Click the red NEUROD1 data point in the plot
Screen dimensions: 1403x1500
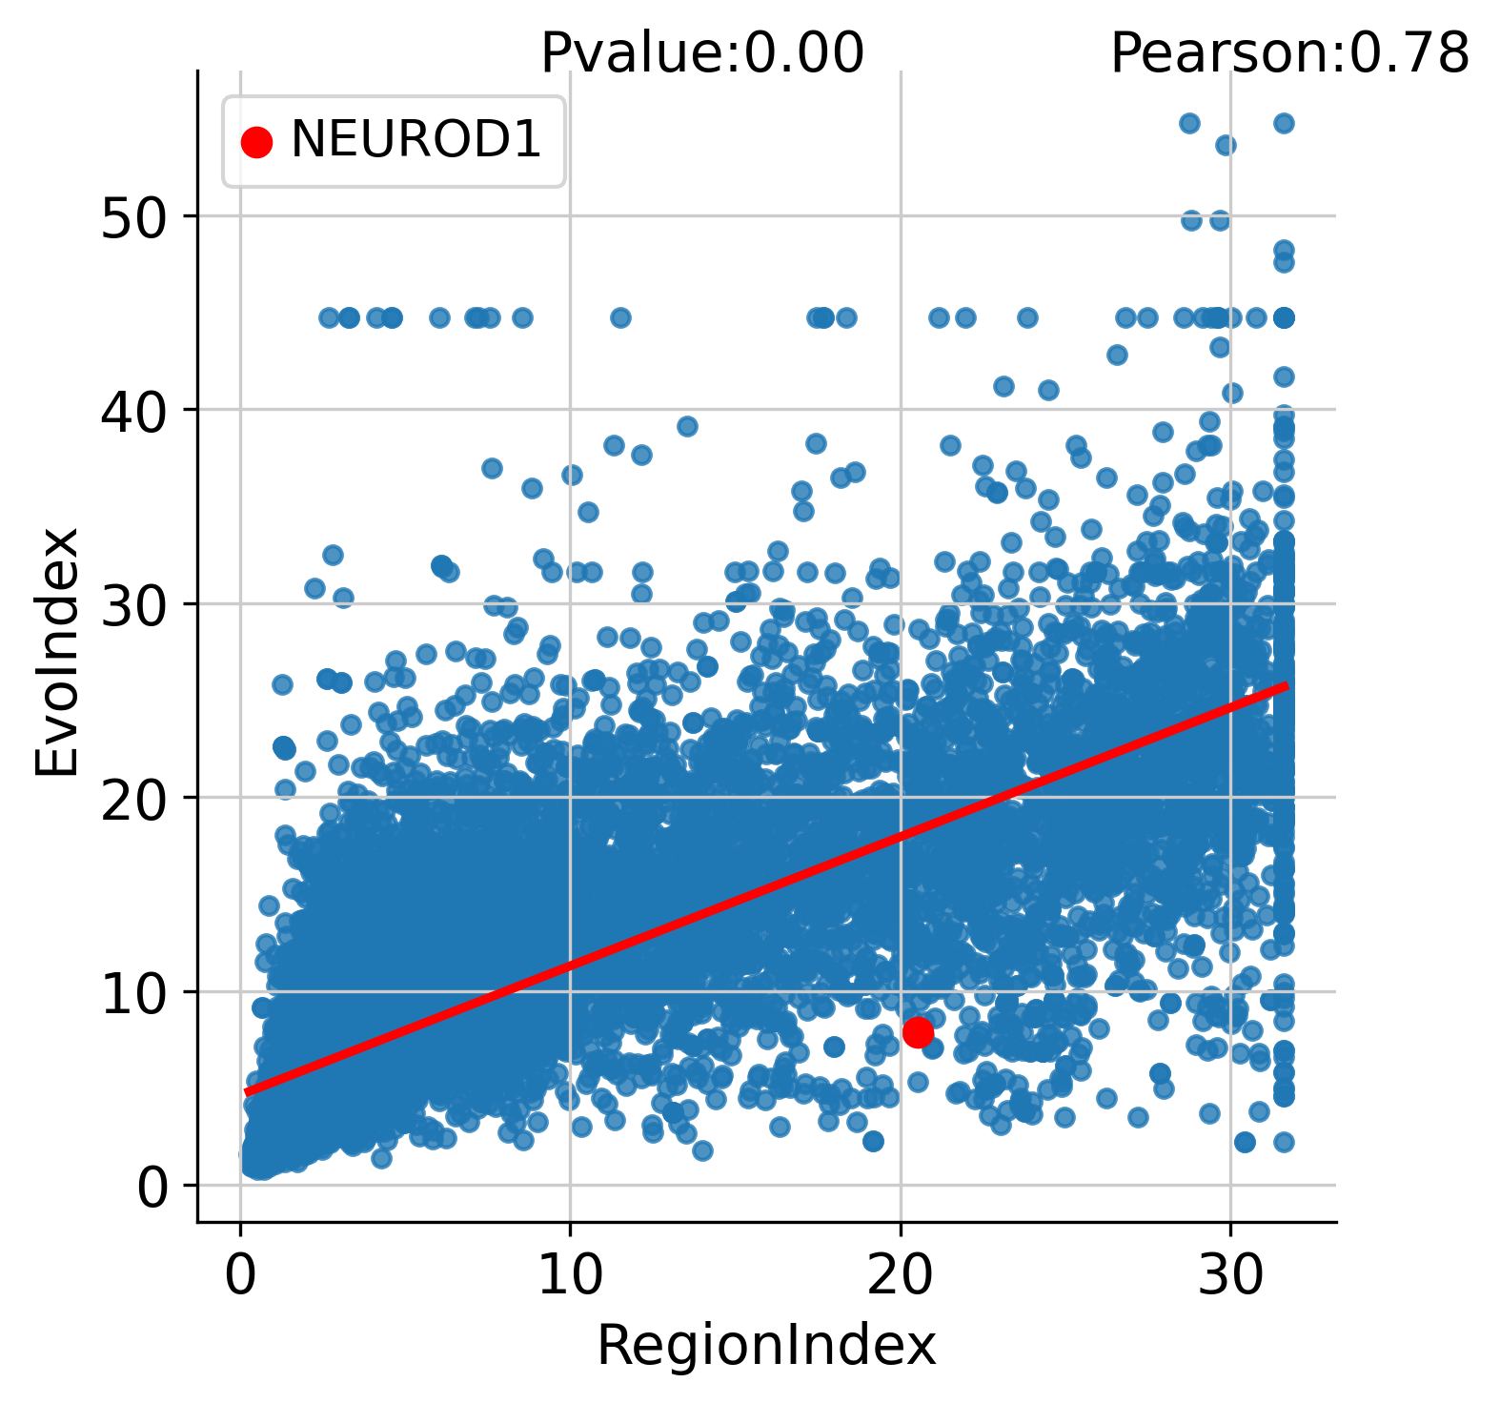pyautogui.click(x=918, y=1032)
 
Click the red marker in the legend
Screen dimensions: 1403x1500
pyautogui.click(x=256, y=142)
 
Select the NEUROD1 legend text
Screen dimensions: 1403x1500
pyautogui.click(x=416, y=141)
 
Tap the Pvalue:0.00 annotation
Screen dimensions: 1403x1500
pyautogui.click(x=702, y=53)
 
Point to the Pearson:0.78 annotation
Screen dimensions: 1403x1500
pyautogui.click(x=1289, y=53)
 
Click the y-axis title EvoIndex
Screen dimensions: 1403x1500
pyautogui.click(x=57, y=652)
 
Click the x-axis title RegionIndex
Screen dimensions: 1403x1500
pyautogui.click(x=766, y=1347)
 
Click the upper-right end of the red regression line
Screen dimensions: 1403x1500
pyautogui.click(x=1287, y=685)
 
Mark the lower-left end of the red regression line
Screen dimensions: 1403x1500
pyautogui.click(x=247, y=1092)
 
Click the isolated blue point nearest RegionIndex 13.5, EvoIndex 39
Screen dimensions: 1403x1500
pyautogui.click(x=687, y=426)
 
